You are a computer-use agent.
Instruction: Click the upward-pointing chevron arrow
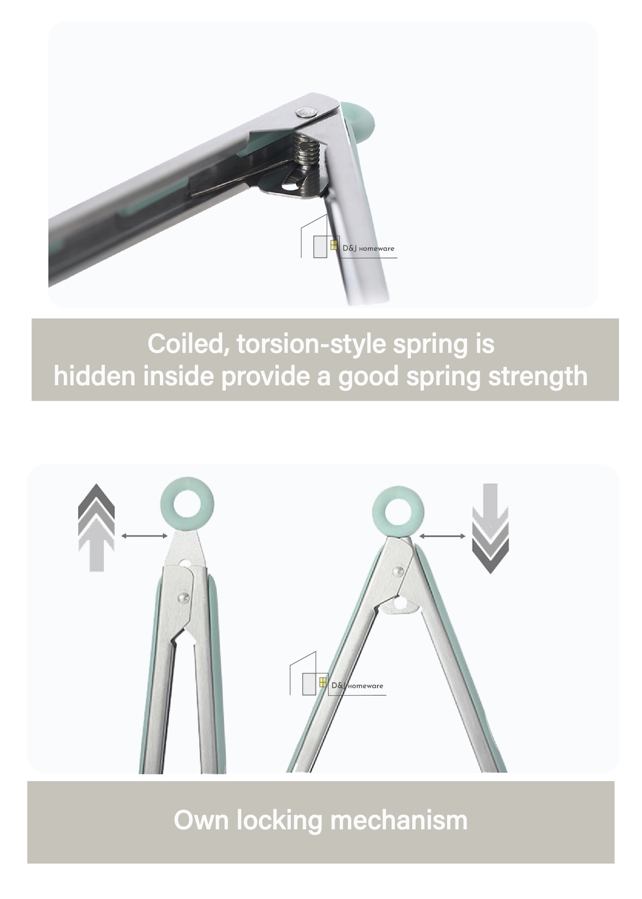pos(97,528)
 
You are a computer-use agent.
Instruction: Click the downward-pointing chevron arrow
pos(490,528)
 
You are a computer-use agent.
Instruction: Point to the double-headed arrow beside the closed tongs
pos(144,536)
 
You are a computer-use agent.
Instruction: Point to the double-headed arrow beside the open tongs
pos(442,536)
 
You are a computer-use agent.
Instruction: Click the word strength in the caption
pos(537,377)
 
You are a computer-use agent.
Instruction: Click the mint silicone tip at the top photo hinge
pos(360,120)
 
